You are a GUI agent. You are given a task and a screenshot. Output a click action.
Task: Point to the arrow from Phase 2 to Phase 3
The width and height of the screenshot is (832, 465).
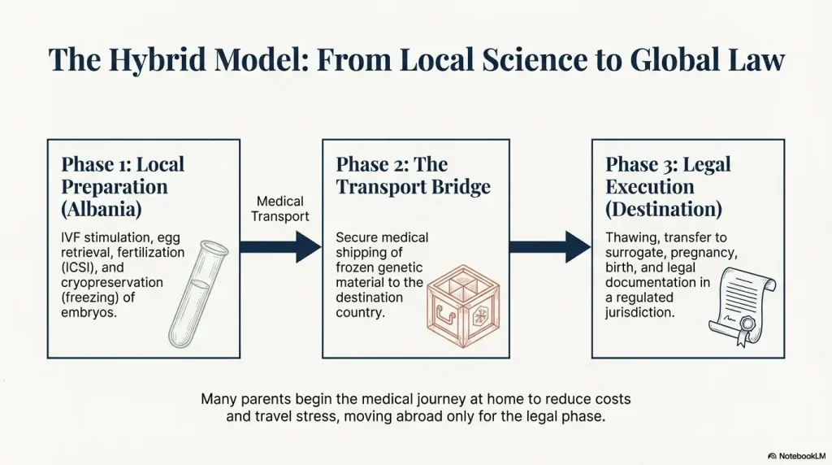pos(550,246)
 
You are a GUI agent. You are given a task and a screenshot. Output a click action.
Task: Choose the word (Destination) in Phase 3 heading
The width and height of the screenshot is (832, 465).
pos(663,209)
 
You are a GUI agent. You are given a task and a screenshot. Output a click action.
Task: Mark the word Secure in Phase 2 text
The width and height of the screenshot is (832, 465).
pos(357,238)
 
